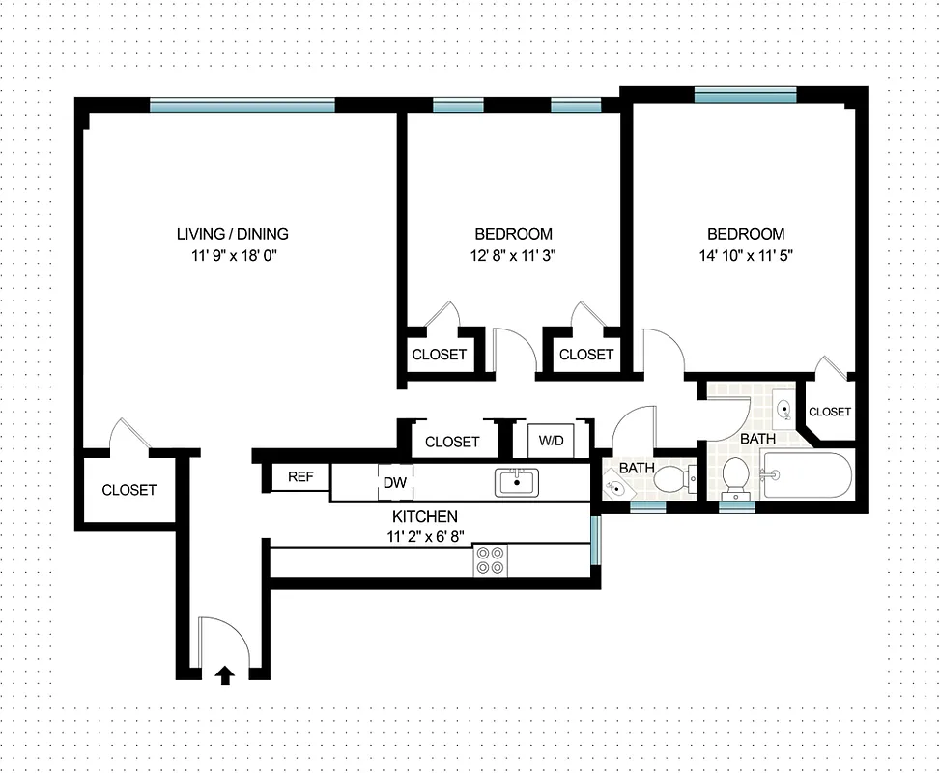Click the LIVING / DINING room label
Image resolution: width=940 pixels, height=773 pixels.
coord(232,234)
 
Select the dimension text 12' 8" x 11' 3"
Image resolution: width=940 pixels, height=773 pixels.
coord(513,256)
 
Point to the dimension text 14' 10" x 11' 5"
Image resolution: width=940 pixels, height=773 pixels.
coord(746,256)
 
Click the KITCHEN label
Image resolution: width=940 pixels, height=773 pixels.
coord(424,516)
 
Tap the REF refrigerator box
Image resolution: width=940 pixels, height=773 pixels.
coord(301,476)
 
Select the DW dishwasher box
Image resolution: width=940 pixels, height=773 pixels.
coord(394,482)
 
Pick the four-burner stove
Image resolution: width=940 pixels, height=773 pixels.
coord(491,560)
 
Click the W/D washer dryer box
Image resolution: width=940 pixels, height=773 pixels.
coord(551,441)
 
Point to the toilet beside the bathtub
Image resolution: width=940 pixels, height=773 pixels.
coord(736,473)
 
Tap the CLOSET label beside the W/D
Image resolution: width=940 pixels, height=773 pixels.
coord(452,442)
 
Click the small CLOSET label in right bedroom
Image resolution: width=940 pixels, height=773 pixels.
coord(830,412)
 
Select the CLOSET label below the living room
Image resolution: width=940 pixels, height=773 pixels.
coord(128,490)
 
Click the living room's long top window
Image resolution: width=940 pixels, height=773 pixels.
coord(242,105)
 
